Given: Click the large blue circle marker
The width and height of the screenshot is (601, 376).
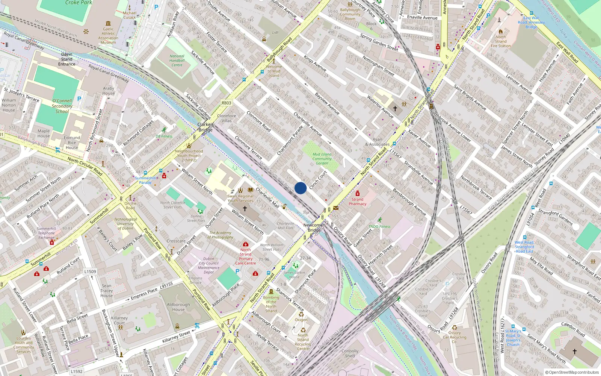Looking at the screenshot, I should (300, 188).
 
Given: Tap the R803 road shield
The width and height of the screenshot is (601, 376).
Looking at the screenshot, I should (226, 103).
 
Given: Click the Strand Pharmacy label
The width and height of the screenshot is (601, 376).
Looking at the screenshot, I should (357, 202).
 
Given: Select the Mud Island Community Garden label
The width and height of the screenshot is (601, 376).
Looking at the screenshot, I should (322, 159).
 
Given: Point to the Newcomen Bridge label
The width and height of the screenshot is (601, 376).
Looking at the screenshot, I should (314, 227).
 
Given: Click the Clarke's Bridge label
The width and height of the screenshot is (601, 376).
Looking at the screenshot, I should (205, 127).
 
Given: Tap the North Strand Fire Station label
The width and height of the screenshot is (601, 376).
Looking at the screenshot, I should (500, 41).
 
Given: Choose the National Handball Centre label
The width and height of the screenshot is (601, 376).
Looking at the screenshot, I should (177, 61).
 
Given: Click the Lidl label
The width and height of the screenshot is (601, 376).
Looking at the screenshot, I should (275, 32).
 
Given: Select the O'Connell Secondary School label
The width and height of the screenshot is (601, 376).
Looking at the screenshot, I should (62, 106).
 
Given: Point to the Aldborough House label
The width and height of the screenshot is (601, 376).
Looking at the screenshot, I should (178, 307).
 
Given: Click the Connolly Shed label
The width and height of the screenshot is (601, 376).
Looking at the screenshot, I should (350, 353).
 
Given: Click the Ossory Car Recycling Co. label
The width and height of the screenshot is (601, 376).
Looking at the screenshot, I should (455, 337).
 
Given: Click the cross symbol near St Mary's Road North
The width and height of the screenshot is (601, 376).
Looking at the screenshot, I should (574, 352).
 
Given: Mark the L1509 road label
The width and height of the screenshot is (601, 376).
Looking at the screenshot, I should (90, 271).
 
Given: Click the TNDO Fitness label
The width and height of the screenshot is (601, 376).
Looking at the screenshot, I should (379, 226).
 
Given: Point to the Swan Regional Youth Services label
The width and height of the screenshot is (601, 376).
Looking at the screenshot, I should (240, 198).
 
